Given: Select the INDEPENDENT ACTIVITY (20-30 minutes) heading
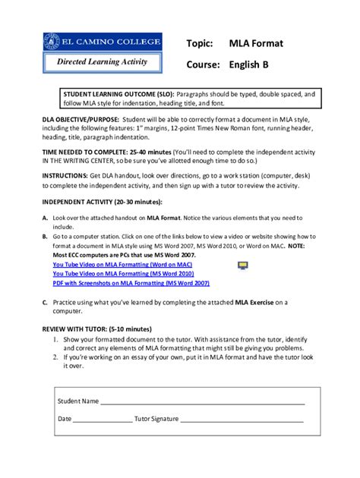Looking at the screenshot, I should click(x=98, y=201).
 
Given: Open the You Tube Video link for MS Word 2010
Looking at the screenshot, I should click(x=128, y=273).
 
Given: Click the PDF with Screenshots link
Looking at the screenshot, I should click(x=141, y=282).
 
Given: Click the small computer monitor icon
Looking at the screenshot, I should click(x=243, y=265).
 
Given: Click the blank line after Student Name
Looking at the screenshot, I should click(x=202, y=401).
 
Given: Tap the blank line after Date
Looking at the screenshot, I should click(x=103, y=419).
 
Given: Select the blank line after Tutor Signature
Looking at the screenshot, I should click(x=242, y=419).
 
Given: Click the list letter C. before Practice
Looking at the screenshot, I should click(x=45, y=302).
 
